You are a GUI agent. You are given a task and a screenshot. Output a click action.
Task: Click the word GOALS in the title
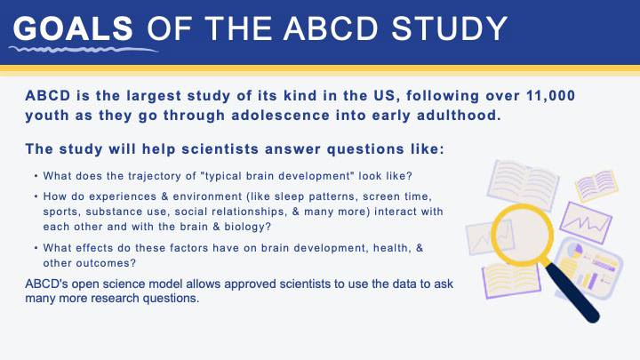coord(73,28)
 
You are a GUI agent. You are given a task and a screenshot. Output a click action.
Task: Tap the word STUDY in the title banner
coord(450,28)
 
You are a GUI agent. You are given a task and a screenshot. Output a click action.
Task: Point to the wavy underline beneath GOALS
coord(84,50)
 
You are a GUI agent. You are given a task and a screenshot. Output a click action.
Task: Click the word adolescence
coord(280,115)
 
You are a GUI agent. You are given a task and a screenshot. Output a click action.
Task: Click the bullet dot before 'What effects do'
coord(36,248)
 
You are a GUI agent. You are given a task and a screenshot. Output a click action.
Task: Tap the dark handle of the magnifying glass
coord(572,292)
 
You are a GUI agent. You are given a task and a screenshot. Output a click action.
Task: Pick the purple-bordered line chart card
coord(585,223)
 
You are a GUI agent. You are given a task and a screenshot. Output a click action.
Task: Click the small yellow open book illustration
coord(596,186)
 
